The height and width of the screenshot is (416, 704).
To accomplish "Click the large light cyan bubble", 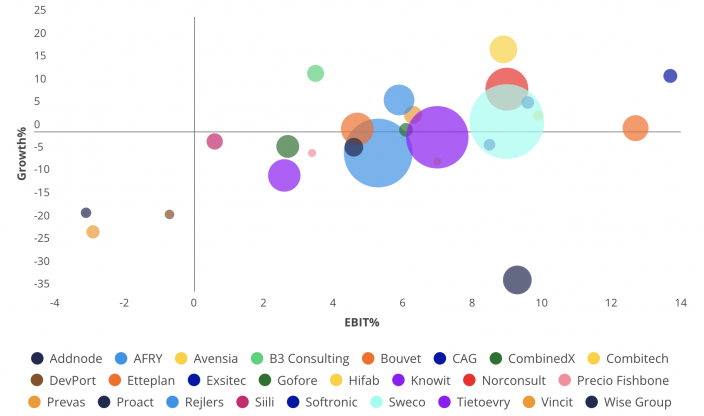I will tap(507, 121).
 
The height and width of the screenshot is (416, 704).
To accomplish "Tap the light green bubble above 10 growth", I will tap(315, 73).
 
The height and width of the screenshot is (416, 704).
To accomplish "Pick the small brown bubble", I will tap(169, 214).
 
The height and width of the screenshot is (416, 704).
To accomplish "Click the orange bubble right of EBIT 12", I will tap(635, 128).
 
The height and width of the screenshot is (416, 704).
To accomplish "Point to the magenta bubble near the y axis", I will tap(214, 141).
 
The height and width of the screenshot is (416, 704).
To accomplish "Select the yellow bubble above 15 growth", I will tap(503, 49).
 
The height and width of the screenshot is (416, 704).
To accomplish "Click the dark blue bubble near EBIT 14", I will tap(670, 76).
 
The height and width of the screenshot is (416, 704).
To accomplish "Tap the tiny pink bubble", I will tap(312, 153).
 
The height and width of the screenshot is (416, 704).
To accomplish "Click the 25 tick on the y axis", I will tap(39, 10).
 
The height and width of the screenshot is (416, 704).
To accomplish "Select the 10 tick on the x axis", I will tap(542, 303).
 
